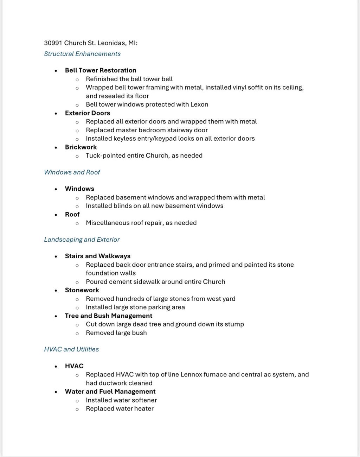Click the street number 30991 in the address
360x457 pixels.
[x=53, y=43]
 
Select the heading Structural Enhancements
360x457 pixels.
[x=82, y=54]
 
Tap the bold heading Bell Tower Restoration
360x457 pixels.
[x=101, y=70]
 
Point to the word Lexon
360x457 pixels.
[x=199, y=104]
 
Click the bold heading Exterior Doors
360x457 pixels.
[x=88, y=113]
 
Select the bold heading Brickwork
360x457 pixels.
[x=81, y=147]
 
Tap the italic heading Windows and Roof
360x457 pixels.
[x=72, y=172]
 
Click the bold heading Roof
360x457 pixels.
[x=72, y=214]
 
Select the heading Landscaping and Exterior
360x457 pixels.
[x=82, y=240]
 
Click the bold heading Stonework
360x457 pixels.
[x=82, y=290]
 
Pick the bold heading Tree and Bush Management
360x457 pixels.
[x=109, y=316]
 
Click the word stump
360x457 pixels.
[x=234, y=324]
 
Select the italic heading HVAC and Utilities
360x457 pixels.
[x=71, y=349]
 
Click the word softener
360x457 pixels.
[x=144, y=400]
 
